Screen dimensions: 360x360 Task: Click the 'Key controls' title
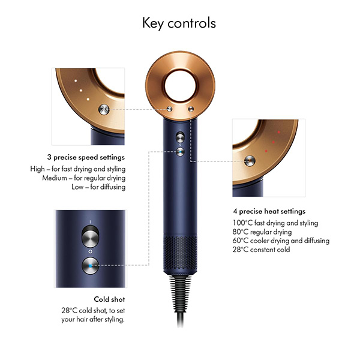(179, 23)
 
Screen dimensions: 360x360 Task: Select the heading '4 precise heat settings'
(269, 211)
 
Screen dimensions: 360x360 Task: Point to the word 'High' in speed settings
(37, 169)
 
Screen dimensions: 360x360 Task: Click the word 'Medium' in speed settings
(53, 178)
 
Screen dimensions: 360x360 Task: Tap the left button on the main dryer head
(169, 109)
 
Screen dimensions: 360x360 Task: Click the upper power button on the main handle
(180, 137)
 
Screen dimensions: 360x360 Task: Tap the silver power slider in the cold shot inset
(89, 238)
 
